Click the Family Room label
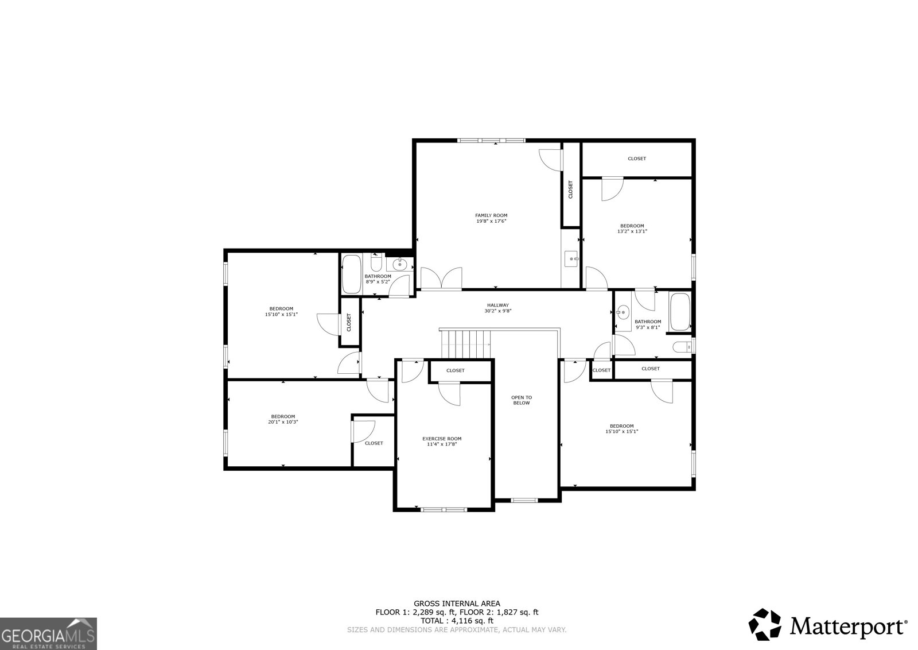point(491,215)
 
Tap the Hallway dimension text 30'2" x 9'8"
point(498,311)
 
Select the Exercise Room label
point(442,439)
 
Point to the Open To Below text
point(522,400)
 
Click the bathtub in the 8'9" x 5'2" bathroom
point(351,274)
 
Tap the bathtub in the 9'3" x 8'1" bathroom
point(680,312)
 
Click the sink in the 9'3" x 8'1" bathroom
point(623,312)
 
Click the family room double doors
point(441,278)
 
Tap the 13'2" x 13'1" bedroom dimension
point(632,231)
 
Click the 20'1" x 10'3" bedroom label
point(283,416)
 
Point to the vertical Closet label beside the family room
point(570,189)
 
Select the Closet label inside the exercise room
point(456,370)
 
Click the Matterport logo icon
point(765,625)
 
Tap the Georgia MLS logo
point(48,633)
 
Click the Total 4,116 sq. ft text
point(457,621)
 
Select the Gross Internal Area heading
point(457,603)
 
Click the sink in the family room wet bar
point(571,259)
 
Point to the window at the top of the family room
point(491,141)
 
